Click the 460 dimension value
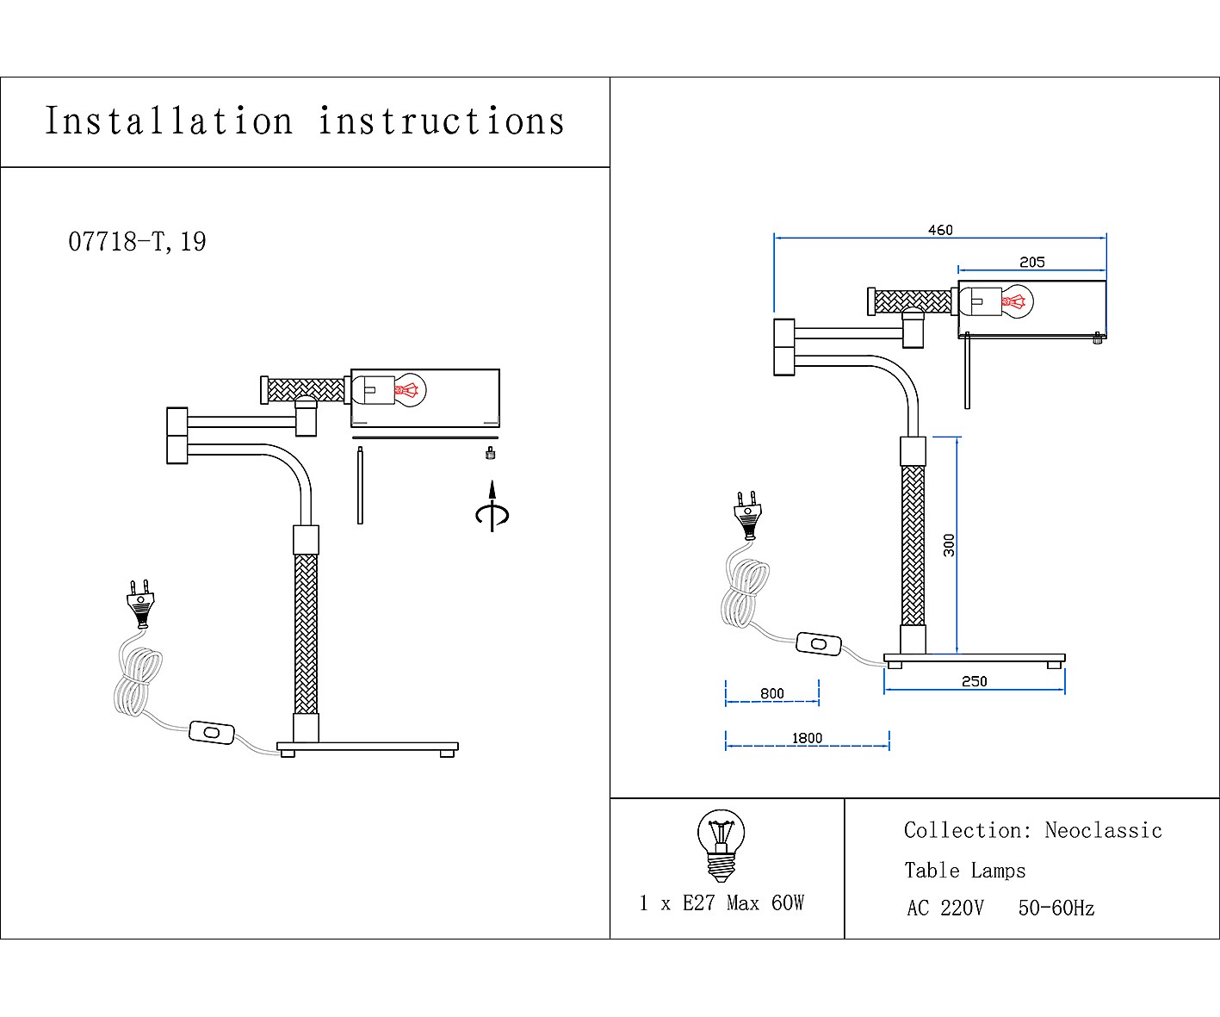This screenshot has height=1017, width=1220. click(940, 230)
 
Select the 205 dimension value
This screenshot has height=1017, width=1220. click(1031, 262)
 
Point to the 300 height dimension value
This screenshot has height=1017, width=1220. click(949, 544)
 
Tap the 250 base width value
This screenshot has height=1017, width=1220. click(974, 681)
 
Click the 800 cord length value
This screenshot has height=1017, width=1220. click(772, 693)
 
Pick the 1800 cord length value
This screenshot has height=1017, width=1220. click(807, 738)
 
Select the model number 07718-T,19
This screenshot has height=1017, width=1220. click(138, 242)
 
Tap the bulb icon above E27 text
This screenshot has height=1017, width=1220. click(721, 845)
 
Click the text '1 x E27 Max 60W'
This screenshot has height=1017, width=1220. click(721, 902)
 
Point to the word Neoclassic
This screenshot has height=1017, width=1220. click(1103, 830)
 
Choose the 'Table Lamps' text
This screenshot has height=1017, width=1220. click(964, 871)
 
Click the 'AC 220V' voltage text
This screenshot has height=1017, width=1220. click(944, 908)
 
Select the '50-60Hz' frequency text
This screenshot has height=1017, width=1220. click(1056, 908)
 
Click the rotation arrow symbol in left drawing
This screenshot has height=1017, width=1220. click(492, 509)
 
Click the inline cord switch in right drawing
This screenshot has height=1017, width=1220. click(818, 643)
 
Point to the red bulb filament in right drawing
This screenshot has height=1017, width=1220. click(1013, 302)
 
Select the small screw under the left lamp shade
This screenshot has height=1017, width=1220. click(491, 453)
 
